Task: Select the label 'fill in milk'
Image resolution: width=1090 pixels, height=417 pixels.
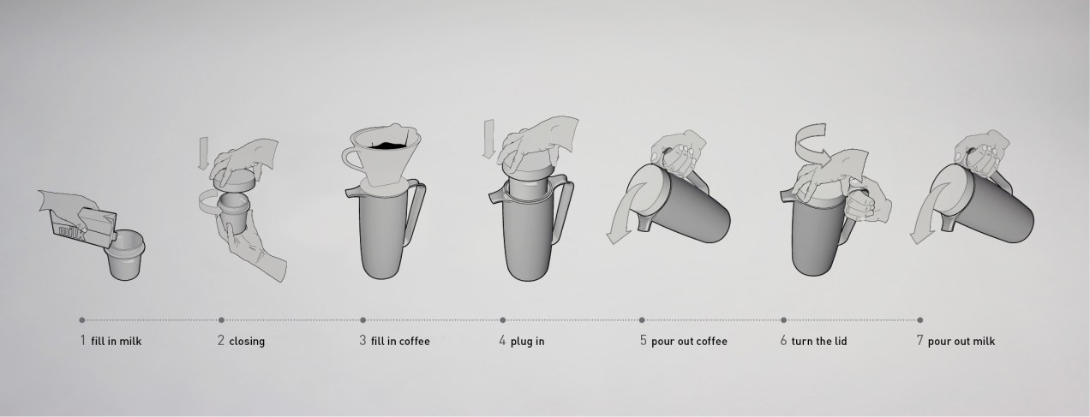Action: [x=116, y=342]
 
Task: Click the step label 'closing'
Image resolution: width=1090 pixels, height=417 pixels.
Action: [x=247, y=342]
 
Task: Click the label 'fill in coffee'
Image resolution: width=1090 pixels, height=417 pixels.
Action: [x=400, y=342]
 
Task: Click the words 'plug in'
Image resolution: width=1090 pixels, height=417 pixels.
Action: [x=527, y=342]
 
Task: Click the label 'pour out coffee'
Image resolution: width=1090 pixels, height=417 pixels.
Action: [x=689, y=342]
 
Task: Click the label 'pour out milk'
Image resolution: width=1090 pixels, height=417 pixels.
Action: [x=961, y=342]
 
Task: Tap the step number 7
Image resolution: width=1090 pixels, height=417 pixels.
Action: [x=919, y=341]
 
